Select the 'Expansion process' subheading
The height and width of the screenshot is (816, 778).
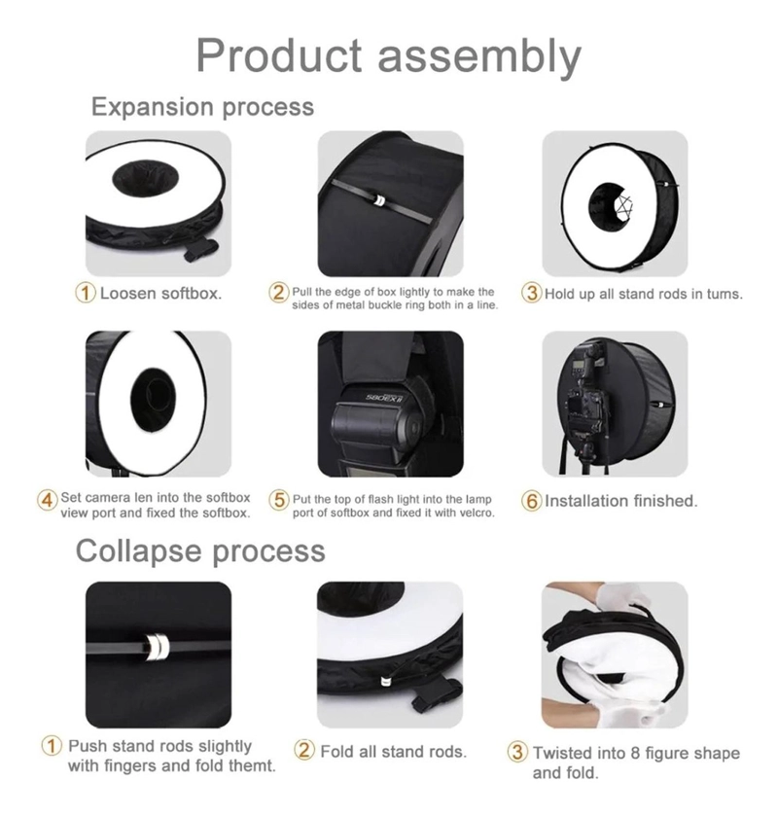203,107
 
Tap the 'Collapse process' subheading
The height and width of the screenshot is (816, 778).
200,551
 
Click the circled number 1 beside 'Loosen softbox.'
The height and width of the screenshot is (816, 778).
87,293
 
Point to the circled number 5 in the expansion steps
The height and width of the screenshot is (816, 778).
279,501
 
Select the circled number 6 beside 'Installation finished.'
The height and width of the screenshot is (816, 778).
531,501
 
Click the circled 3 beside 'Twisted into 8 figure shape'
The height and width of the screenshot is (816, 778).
516,753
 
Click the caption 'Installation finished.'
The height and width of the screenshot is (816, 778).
620,501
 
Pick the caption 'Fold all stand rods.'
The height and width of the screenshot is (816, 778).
394,752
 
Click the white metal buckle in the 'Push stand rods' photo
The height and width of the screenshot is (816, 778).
158,648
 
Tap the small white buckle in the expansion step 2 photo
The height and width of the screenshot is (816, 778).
380,200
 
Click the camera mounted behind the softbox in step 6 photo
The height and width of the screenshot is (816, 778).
586,397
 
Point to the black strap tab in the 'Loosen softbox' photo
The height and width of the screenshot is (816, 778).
202,249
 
